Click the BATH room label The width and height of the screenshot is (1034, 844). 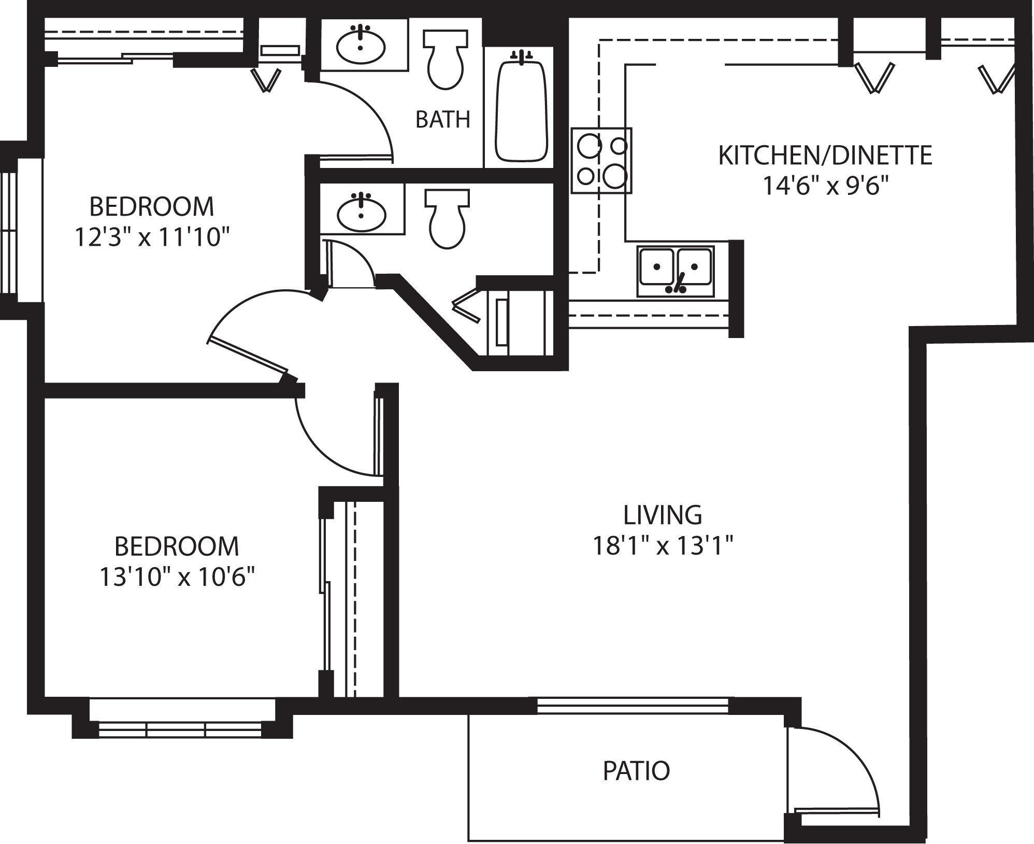(x=442, y=119)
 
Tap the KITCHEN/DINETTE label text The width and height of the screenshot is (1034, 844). (x=825, y=156)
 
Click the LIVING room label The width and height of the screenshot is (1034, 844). (x=662, y=515)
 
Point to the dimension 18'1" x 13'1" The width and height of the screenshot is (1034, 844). (x=662, y=546)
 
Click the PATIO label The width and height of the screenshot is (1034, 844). (x=636, y=771)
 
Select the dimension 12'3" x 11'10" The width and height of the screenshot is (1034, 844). (x=152, y=238)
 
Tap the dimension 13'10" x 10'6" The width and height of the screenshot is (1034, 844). (x=177, y=577)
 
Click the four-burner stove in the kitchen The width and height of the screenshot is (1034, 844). (x=601, y=161)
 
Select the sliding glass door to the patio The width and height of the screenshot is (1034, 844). (x=632, y=706)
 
